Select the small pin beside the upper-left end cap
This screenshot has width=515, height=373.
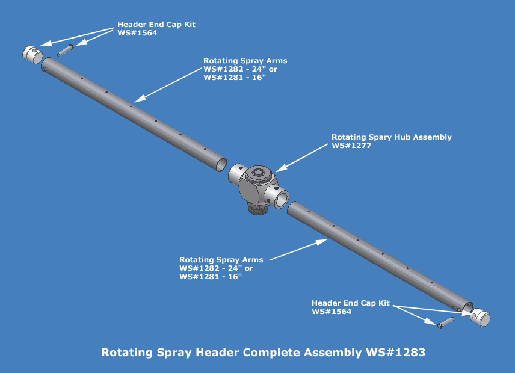click(65, 50)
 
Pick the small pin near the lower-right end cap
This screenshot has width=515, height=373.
click(445, 324)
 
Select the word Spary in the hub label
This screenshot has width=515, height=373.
click(380, 137)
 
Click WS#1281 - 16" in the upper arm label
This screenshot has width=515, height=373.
click(235, 77)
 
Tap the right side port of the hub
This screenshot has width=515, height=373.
click(280, 196)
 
